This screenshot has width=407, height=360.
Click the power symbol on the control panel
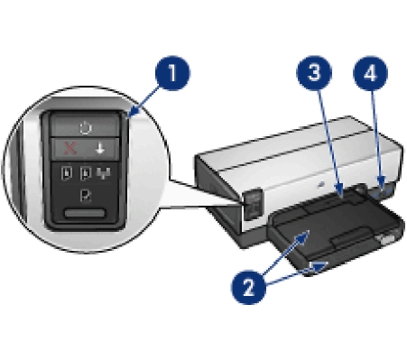tap(86, 127)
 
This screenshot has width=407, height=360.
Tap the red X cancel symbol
tap(70, 149)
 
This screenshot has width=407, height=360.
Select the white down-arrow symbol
tap(100, 148)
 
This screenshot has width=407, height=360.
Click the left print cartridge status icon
tap(67, 173)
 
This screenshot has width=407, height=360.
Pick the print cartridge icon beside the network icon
tap(86, 173)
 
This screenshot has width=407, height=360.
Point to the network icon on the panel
tap(103, 173)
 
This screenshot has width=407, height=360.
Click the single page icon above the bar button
tap(86, 196)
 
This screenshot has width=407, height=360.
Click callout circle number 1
tap(172, 73)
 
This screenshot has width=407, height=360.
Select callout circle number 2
tap(248, 287)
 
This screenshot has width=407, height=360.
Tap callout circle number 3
tap(314, 73)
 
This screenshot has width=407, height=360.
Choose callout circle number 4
tap(371, 73)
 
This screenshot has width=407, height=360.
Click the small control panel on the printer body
tap(253, 204)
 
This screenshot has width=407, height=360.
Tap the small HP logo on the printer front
tap(321, 183)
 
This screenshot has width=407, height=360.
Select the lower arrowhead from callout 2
tap(319, 267)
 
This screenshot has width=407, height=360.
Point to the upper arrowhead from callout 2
tap(302, 237)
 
